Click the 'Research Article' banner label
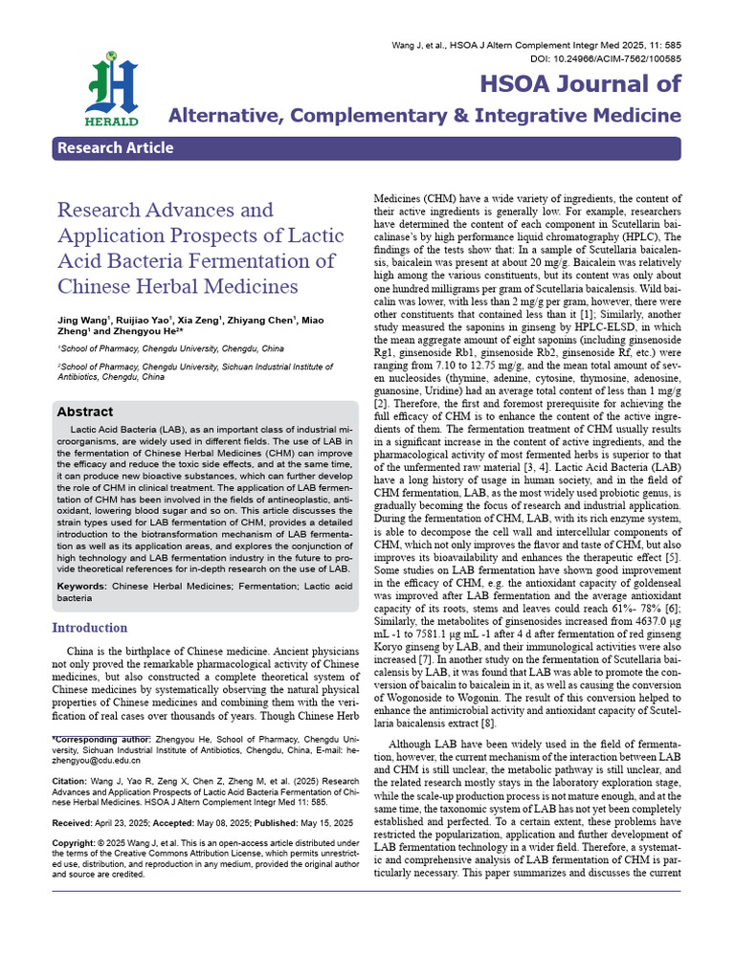point(116,147)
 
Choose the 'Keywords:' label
point(81,585)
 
